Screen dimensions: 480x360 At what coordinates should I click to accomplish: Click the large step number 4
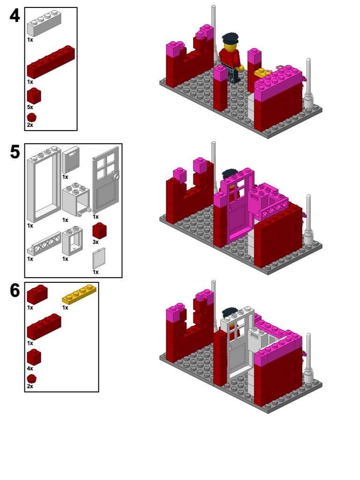(15, 16)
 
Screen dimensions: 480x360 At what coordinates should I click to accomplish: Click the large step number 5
(15, 152)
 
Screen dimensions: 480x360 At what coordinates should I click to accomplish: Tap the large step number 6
(15, 291)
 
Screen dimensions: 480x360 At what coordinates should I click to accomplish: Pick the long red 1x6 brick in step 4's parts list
(51, 62)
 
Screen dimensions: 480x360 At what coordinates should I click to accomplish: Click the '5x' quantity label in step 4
(30, 107)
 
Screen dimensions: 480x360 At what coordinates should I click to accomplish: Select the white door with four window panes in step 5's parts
(105, 180)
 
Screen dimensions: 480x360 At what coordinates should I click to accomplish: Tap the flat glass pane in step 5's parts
(99, 258)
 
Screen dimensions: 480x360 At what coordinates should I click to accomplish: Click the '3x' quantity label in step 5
(96, 242)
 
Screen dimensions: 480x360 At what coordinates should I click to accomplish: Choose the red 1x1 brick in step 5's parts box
(99, 230)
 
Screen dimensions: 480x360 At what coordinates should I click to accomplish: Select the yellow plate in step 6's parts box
(79, 294)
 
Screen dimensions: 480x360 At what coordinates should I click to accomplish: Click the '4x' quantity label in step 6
(30, 369)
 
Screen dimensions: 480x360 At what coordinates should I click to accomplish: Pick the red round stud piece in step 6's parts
(31, 378)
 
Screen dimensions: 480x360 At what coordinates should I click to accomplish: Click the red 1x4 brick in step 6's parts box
(44, 326)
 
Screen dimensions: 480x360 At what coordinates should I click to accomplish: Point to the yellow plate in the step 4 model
(261, 73)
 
